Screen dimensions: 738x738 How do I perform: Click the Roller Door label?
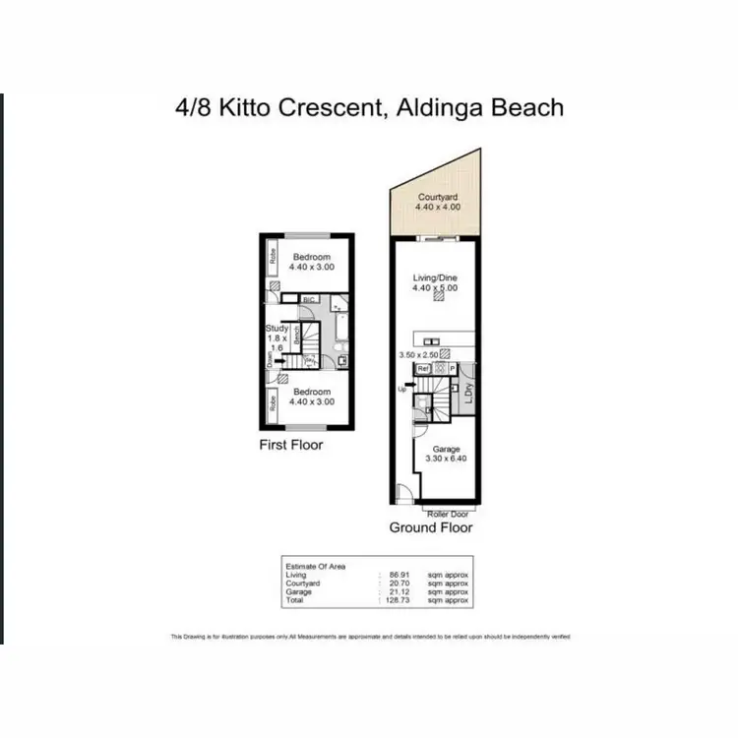point(447,514)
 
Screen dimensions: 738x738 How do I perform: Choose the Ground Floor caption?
point(430,527)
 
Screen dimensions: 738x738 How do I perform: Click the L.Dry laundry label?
point(469,392)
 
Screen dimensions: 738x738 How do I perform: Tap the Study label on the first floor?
point(277,330)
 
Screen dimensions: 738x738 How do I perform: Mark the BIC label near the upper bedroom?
point(308,299)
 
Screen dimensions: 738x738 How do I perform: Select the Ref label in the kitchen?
point(423,368)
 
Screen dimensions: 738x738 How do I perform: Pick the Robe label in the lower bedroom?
point(272,403)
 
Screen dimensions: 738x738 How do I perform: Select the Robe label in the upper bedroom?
point(272,260)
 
